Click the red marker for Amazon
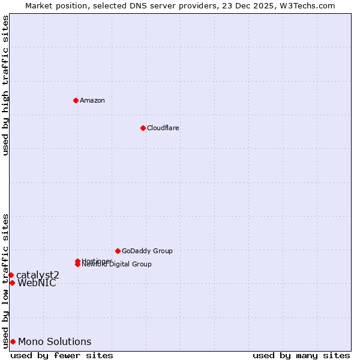(x=76, y=100)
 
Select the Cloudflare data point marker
(x=143, y=128)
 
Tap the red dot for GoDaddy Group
(x=118, y=251)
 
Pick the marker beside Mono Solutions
(x=13, y=341)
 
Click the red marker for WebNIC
(x=12, y=283)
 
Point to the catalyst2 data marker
(x=11, y=275)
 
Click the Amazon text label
(x=92, y=100)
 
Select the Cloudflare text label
(x=163, y=128)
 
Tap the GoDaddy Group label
(x=147, y=251)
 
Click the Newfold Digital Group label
(x=117, y=265)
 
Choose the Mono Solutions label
(x=55, y=342)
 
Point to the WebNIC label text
(x=37, y=283)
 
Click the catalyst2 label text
(x=38, y=275)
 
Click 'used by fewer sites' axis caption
(x=62, y=355)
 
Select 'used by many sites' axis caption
(x=301, y=355)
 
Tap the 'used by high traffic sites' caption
(x=6, y=85)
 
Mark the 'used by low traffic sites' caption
(x=6, y=280)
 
